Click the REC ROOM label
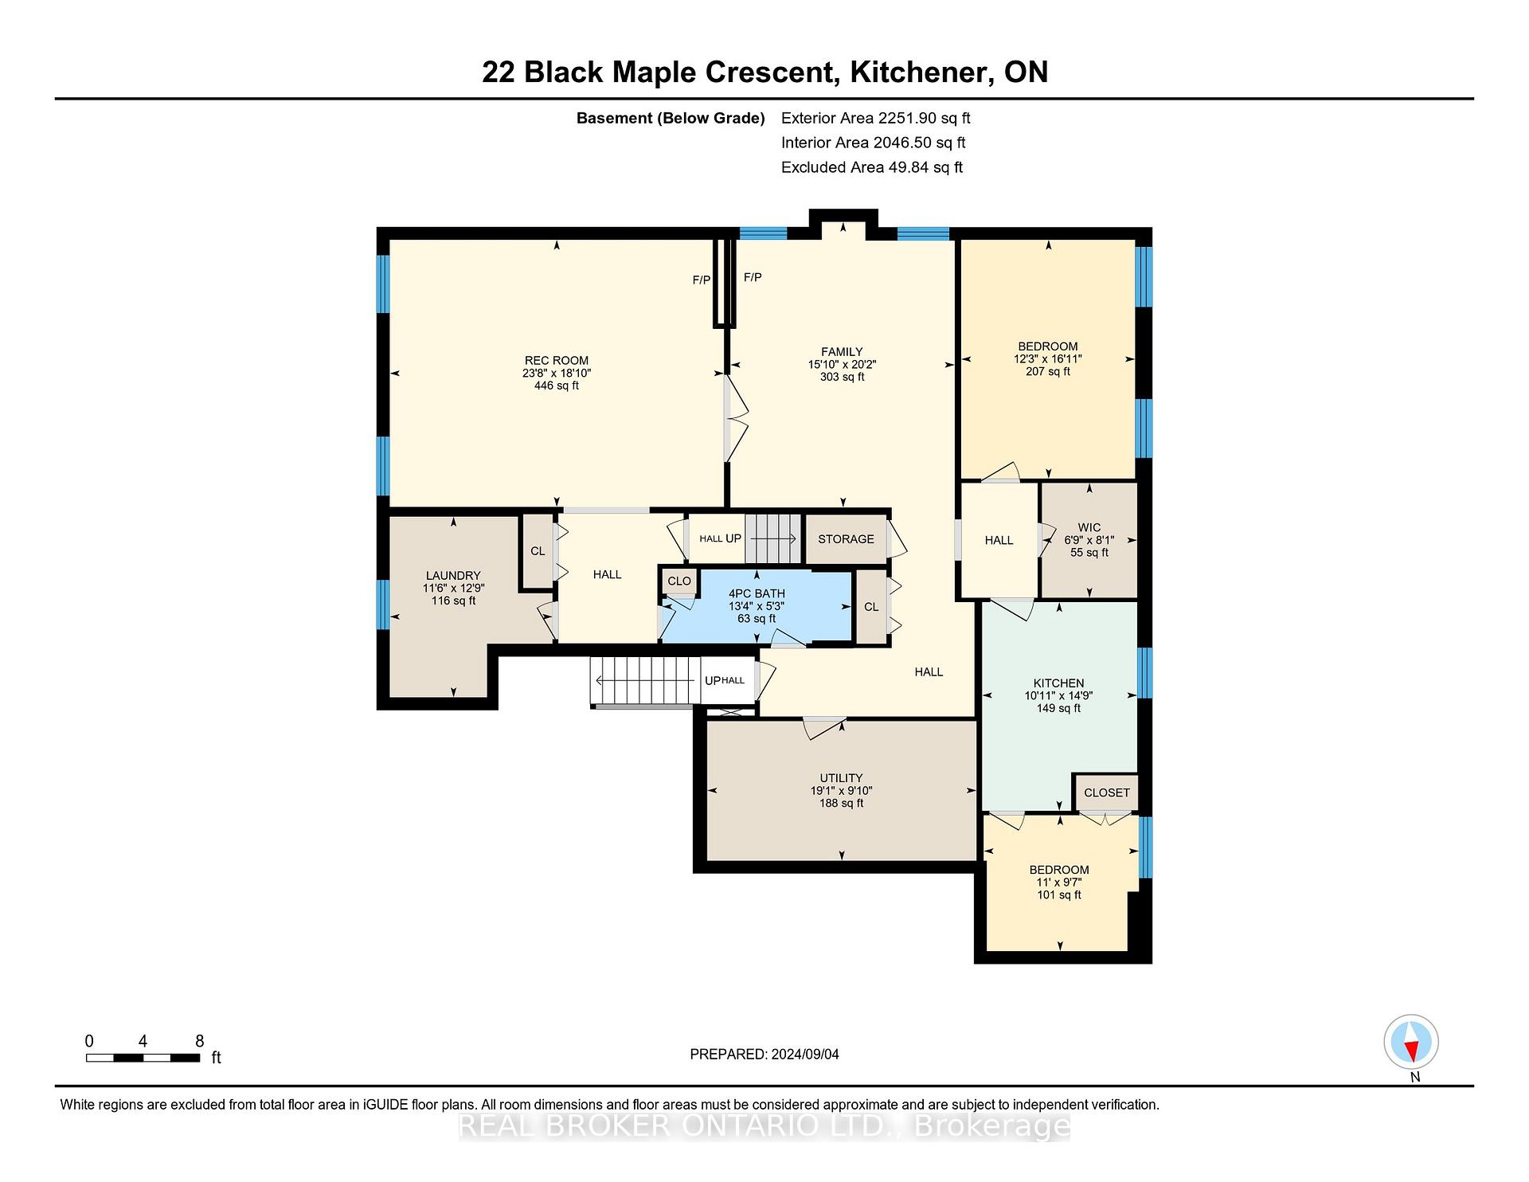coord(557,361)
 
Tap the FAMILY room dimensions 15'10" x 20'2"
coord(842,364)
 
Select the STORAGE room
coord(846,539)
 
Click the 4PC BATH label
coord(757,593)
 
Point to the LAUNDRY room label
coord(453,576)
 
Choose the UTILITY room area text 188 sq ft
coord(842,804)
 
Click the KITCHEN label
coord(1058,683)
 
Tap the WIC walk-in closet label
coord(1089,527)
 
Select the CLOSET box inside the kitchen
coord(1106,793)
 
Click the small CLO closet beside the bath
coord(679,581)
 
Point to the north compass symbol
coord(1411,1042)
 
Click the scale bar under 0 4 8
coord(143,1058)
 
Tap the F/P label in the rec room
coord(701,280)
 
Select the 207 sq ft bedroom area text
coord(1048,371)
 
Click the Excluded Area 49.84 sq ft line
coord(872,167)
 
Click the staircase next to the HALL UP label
coord(772,538)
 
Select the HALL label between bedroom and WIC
coord(999,540)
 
